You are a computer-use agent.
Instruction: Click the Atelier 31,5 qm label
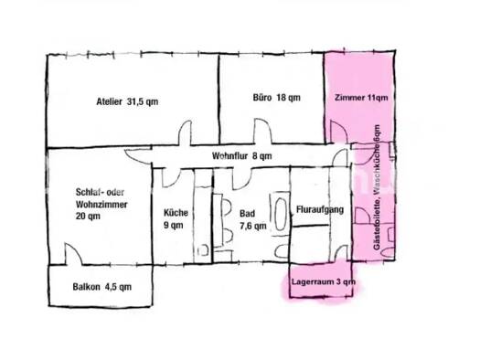click(127, 101)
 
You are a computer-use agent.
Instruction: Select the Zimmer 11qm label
click(361, 97)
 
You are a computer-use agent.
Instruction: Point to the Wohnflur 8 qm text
click(240, 156)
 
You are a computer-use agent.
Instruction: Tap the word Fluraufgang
click(319, 212)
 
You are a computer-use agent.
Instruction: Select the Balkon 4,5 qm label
click(101, 287)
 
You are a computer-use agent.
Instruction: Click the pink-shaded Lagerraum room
click(323, 274)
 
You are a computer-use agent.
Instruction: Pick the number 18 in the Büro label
click(282, 97)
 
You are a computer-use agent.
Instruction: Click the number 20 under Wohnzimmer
click(82, 217)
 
